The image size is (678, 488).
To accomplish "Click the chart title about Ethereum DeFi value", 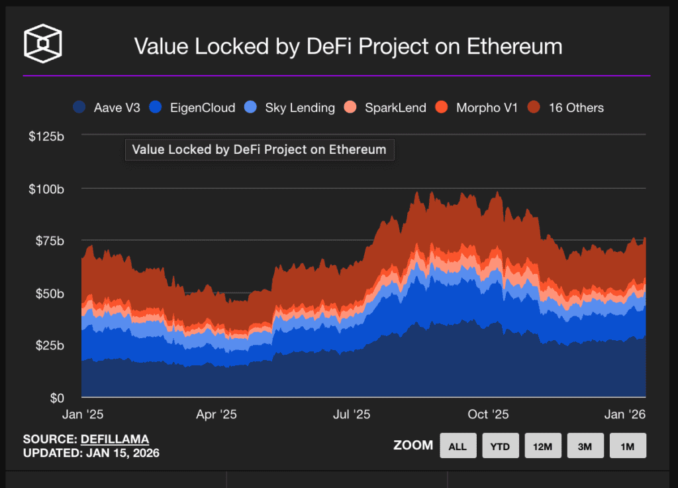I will click(348, 46).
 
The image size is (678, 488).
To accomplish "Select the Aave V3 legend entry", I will click(107, 107).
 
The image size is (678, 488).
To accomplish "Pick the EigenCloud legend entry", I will click(193, 107).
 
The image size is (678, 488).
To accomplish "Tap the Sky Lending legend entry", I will click(290, 107).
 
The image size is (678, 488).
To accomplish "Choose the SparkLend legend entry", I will click(387, 107).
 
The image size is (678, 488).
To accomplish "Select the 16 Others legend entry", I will click(567, 107).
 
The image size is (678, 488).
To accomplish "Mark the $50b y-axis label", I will click(48, 294).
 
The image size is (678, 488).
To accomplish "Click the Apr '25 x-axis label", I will click(217, 415).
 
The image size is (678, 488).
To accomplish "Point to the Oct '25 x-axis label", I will click(488, 415).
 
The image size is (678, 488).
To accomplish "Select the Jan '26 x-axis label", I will click(624, 415).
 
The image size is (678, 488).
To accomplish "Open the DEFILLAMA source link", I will click(115, 439).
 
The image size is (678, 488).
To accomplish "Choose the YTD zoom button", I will click(500, 446).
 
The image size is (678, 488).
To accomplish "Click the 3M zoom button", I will click(585, 446).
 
